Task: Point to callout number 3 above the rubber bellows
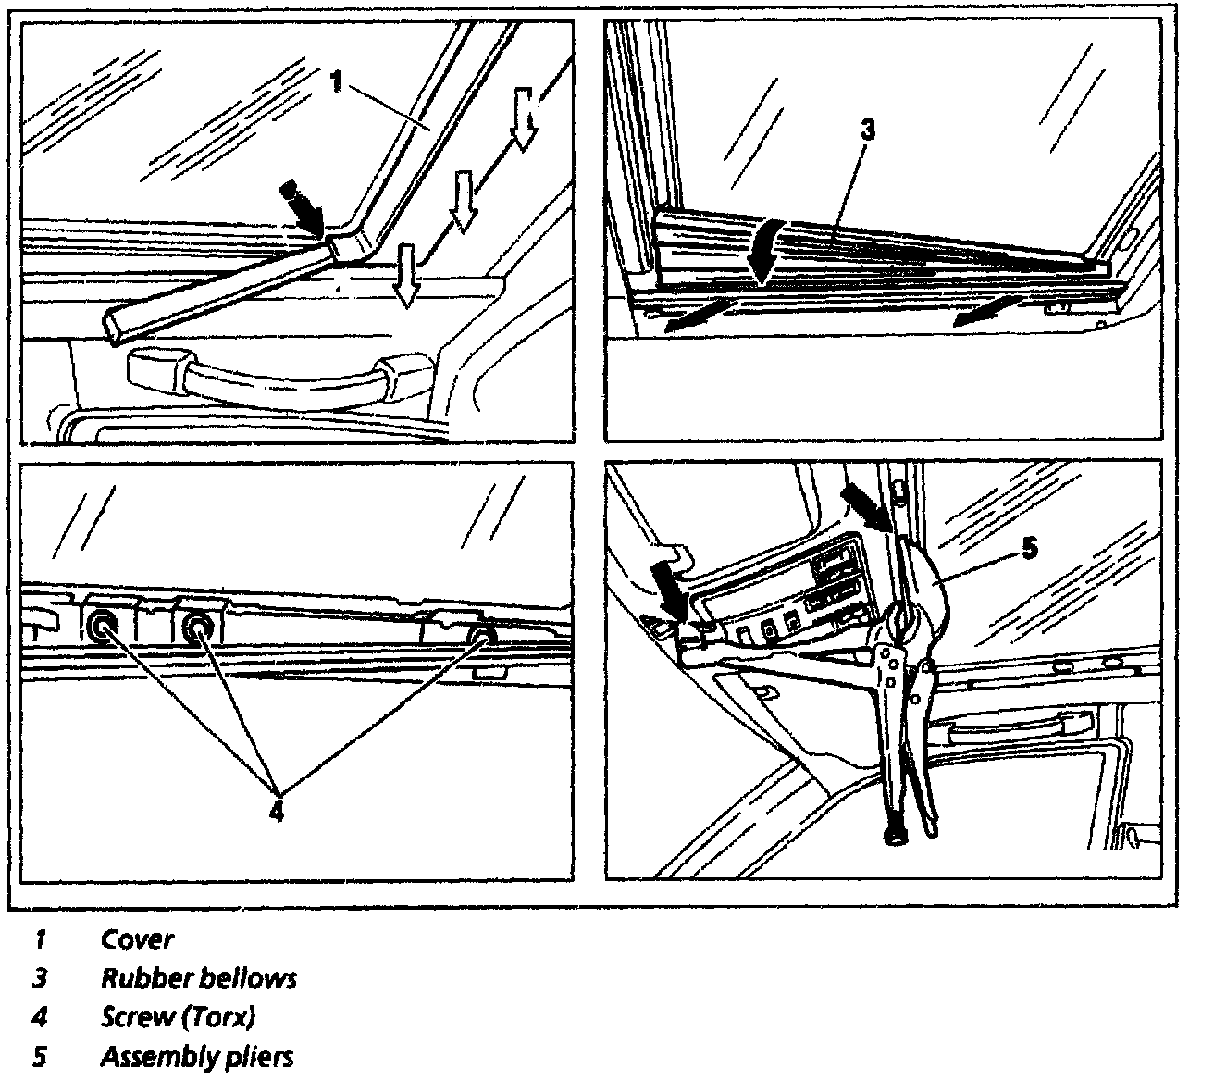coord(866,130)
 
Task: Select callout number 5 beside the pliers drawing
coord(1028,548)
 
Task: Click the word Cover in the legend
coord(137,939)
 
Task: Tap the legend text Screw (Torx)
coord(177,1016)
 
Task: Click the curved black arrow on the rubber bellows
coord(768,250)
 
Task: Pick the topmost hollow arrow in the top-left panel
coord(525,117)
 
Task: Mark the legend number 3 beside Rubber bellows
coord(40,977)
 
